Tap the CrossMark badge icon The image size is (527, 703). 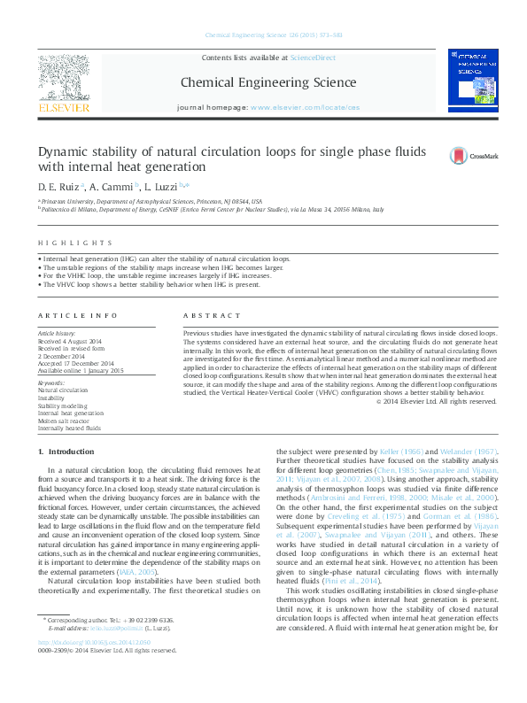click(x=435, y=156)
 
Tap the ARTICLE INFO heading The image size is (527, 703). click(x=78, y=315)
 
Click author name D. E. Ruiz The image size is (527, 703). click(x=58, y=188)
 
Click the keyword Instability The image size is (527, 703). click(x=50, y=398)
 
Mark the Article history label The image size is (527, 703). click(x=58, y=332)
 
